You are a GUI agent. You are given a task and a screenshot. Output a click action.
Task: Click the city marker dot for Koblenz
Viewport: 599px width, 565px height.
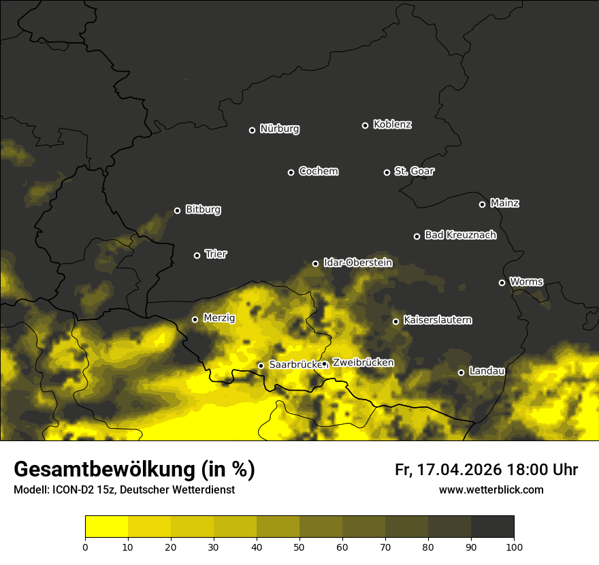(365, 125)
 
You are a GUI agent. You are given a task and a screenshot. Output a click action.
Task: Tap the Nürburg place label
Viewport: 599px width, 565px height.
(280, 129)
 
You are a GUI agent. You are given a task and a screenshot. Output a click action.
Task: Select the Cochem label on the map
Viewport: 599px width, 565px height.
(319, 172)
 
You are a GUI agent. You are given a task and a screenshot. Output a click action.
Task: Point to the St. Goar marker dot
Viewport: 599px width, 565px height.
(387, 172)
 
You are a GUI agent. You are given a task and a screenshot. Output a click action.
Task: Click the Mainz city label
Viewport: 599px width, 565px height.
(504, 203)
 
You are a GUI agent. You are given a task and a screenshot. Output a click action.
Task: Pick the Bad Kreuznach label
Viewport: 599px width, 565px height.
(460, 235)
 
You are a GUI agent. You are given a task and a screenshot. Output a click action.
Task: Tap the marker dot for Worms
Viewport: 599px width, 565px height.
(502, 282)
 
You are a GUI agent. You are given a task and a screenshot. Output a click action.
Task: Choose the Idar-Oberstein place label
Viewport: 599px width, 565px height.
(358, 262)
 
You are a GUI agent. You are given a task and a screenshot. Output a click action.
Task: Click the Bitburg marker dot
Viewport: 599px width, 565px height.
(177, 210)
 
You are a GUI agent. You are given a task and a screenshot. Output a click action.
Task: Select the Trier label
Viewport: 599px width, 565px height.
(216, 254)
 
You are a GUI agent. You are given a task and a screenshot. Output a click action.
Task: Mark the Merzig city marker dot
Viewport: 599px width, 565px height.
(195, 319)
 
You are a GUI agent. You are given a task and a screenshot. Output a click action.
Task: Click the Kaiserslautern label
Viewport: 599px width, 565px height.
(438, 320)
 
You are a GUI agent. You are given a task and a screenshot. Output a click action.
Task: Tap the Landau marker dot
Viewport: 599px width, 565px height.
(461, 372)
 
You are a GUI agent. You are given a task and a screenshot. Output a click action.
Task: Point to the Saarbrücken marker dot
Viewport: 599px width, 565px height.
(261, 366)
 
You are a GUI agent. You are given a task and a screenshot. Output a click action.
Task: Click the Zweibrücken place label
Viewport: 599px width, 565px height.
(363, 363)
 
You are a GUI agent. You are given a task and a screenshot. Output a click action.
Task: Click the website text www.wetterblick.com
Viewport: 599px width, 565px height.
(491, 490)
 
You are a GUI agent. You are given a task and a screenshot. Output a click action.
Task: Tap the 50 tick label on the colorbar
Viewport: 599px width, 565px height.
(299, 547)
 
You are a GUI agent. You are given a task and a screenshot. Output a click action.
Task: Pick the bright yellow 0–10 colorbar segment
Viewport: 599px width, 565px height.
(106, 527)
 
